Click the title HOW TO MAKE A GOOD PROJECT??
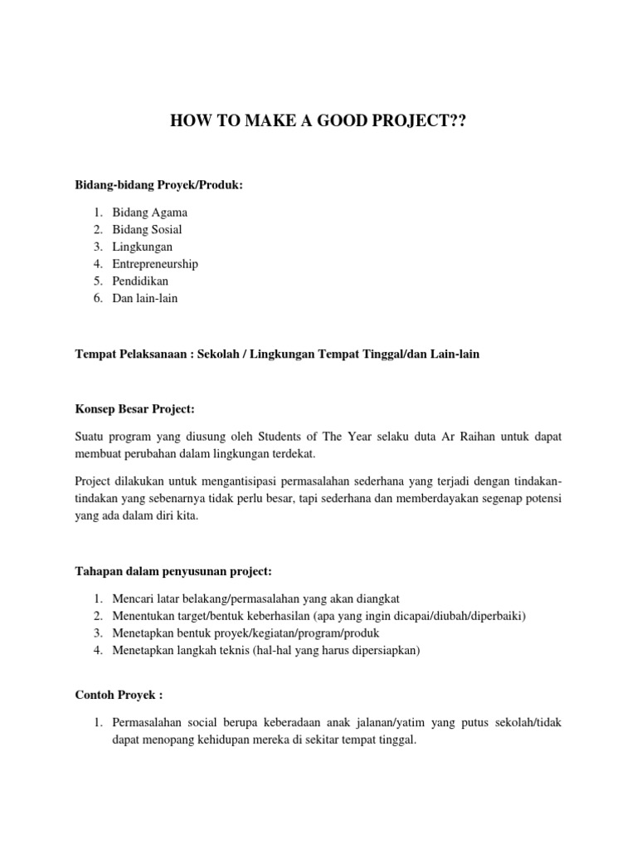(318, 122)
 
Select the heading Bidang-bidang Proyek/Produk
(159, 185)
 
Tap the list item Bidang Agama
(150, 212)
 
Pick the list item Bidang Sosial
(148, 229)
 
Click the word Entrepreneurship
(155, 264)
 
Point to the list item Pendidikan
(140, 281)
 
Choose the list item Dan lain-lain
(145, 298)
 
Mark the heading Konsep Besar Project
(134, 409)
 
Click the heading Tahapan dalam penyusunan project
(173, 571)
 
